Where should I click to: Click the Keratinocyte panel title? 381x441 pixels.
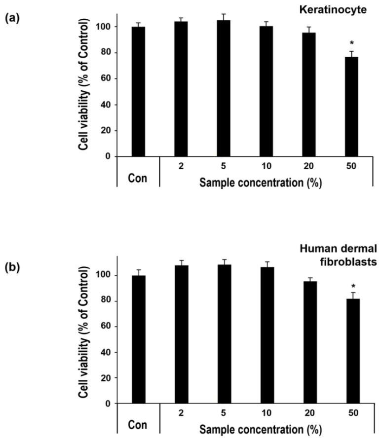[333, 10]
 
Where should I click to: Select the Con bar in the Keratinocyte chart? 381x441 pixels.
[139, 91]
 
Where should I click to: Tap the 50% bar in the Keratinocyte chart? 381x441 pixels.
[351, 107]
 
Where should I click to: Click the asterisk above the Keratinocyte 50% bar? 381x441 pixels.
[351, 43]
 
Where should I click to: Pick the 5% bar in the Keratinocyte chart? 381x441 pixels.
[224, 88]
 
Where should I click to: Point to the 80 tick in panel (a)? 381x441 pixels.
[105, 53]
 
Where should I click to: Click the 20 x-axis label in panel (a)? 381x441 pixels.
[308, 166]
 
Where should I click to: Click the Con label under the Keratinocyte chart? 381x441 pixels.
[138, 178]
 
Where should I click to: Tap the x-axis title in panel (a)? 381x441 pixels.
[261, 183]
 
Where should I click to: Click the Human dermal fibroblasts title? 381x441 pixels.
[338, 255]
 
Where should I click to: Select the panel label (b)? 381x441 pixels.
[13, 267]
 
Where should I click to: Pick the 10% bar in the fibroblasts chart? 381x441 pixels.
[267, 335]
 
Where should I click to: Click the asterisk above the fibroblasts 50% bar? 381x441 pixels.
[353, 287]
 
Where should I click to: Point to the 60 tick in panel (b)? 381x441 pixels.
[105, 326]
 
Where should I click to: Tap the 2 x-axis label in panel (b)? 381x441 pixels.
[181, 413]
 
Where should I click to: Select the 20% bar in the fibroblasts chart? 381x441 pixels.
[310, 342]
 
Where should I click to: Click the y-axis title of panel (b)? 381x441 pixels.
[83, 332]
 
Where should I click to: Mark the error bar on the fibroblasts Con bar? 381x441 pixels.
[139, 272]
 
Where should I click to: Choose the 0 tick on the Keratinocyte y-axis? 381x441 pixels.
[108, 156]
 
